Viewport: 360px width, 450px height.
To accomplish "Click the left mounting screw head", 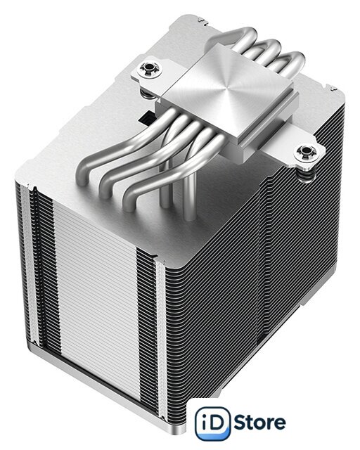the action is pyautogui.click(x=150, y=69).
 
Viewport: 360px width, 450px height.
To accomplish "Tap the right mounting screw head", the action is pyautogui.click(x=306, y=151).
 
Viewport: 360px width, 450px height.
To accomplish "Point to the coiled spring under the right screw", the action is pyautogui.click(x=307, y=174).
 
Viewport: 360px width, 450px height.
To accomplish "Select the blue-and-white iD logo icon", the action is pyautogui.click(x=212, y=423).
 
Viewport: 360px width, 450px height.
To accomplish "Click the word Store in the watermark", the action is pyautogui.click(x=260, y=423).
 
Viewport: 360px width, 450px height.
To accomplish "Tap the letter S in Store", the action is pyautogui.click(x=240, y=423).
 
